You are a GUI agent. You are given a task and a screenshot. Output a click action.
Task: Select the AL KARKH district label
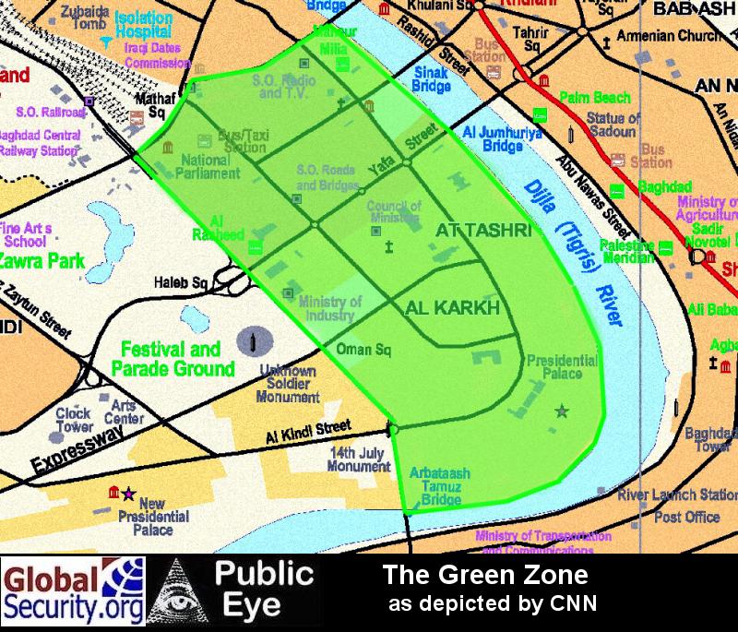click(x=452, y=307)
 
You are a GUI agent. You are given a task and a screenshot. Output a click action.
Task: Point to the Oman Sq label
click(x=360, y=350)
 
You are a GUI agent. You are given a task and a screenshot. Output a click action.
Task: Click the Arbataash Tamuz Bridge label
click(x=440, y=486)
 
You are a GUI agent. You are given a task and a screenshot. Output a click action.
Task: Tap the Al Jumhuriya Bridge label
click(x=492, y=139)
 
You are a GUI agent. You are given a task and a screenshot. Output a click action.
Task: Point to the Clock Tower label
click(x=74, y=420)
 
